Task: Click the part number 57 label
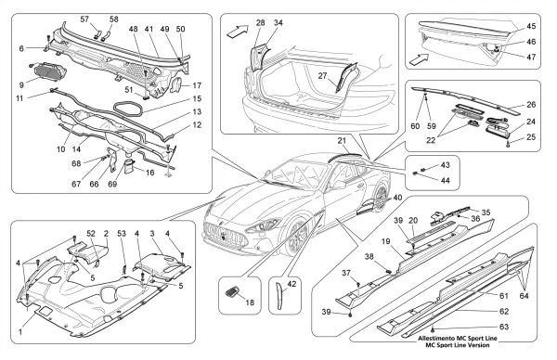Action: [84, 19]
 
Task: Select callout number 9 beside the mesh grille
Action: [21, 85]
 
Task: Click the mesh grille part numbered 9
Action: [50, 71]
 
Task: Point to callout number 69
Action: [112, 185]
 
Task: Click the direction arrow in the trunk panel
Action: [238, 32]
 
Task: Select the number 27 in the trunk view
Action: [322, 76]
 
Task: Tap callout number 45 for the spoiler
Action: [531, 27]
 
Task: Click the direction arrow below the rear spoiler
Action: [420, 59]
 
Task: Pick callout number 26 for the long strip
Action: [531, 105]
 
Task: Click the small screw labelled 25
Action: [508, 145]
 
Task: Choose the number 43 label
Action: [445, 165]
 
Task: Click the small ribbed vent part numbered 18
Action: [233, 294]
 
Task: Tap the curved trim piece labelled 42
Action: [280, 296]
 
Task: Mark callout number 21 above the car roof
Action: [342, 141]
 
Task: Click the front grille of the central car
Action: [225, 235]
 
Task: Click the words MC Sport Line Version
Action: [458, 345]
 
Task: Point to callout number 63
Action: [504, 327]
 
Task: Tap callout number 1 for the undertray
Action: [20, 332]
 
